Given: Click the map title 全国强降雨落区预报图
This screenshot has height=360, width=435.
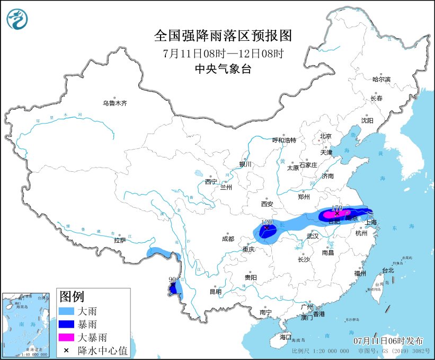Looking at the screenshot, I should pos(223,36).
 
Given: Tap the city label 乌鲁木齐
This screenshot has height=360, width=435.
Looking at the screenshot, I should pos(114,103).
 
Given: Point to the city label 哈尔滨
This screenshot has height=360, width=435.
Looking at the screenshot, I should pos(380,79).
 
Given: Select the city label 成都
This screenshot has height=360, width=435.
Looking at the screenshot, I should pos(228,239).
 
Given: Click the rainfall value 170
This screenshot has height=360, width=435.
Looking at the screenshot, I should pos(336,208).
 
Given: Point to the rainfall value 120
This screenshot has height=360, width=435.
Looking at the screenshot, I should pos(267,223).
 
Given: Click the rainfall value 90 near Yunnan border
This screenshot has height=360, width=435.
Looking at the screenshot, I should pos(172,279).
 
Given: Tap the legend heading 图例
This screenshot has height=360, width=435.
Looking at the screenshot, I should pos(72,296).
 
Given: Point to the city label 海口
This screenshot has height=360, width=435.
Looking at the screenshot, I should pos(286,337).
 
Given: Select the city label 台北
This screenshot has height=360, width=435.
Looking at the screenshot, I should pos(388,270).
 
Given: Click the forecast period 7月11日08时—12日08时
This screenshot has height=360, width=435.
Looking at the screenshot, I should pos(223,53).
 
